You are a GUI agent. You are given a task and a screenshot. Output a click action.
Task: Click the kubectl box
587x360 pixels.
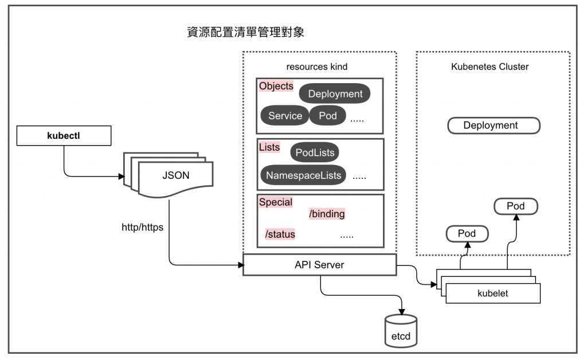tap(63, 136)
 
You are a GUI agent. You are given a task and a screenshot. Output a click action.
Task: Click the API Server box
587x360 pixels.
tap(319, 264)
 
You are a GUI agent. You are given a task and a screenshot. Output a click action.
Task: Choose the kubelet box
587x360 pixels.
tap(493, 294)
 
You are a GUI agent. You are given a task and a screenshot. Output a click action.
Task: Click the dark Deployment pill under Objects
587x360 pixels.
tap(335, 93)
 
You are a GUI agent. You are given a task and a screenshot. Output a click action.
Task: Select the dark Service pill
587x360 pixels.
tap(285, 116)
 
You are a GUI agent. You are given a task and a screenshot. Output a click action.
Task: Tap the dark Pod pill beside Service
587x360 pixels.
tap(328, 116)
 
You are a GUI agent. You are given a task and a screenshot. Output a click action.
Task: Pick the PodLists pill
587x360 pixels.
tap(314, 152)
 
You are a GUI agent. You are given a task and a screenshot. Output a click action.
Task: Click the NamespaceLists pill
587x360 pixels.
tap(303, 175)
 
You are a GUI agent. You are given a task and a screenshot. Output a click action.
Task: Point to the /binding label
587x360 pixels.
tap(327, 214)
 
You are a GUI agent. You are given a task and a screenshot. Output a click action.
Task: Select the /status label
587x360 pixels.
tap(279, 234)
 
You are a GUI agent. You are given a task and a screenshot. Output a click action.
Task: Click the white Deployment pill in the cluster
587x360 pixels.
tap(490, 126)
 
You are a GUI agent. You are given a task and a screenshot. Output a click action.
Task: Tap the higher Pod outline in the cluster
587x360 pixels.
tap(516, 205)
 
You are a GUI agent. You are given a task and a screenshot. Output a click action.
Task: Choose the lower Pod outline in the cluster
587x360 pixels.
tap(467, 233)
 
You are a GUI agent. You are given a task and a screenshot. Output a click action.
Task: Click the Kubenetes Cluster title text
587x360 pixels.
tap(490, 67)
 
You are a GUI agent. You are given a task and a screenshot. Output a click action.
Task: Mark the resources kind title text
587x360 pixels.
tap(317, 67)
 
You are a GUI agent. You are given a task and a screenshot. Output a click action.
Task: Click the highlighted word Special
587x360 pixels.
tap(276, 202)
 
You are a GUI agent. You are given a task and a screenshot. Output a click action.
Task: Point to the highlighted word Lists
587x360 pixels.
tap(269, 147)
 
